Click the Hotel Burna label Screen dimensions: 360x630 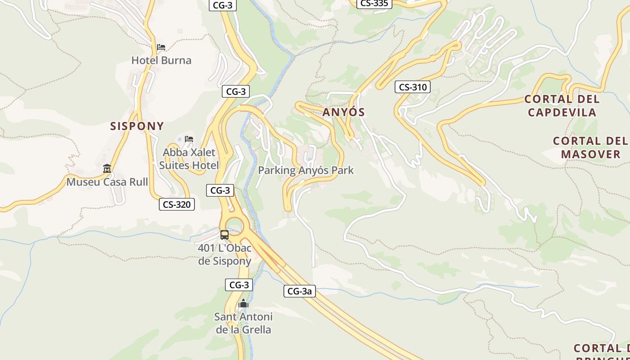click(x=161, y=60)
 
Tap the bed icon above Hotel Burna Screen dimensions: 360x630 click(x=161, y=47)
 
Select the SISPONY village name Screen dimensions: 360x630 click(x=137, y=126)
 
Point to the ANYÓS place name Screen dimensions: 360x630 click(x=343, y=112)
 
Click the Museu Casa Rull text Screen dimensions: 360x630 click(x=107, y=182)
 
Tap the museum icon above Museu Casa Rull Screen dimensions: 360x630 click(x=107, y=169)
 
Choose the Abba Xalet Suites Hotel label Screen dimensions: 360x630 click(x=189, y=159)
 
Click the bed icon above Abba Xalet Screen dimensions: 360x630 click(x=189, y=139)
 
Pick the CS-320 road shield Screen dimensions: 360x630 click(x=176, y=204)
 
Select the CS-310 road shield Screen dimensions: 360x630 click(x=412, y=87)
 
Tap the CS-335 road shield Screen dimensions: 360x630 click(x=374, y=4)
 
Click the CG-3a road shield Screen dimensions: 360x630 click(x=300, y=291)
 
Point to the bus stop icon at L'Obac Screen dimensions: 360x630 click(x=224, y=234)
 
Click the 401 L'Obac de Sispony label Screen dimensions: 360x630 click(x=225, y=255)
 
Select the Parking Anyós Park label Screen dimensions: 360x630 click(x=306, y=171)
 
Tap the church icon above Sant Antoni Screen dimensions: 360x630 click(x=243, y=304)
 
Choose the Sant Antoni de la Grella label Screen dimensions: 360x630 click(x=243, y=323)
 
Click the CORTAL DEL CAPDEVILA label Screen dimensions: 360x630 click(x=562, y=106)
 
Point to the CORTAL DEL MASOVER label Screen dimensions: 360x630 click(x=590, y=148)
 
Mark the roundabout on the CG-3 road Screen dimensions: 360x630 click(x=234, y=226)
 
